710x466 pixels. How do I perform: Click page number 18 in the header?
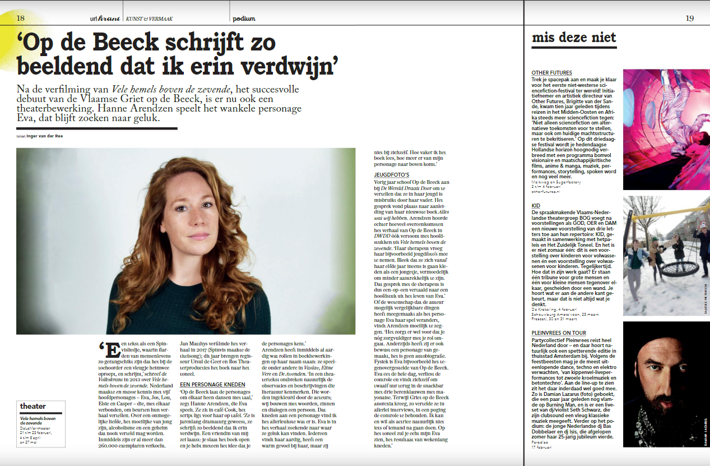click(21, 18)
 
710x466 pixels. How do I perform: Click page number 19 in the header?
click(689, 18)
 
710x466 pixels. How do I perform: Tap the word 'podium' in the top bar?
click(244, 19)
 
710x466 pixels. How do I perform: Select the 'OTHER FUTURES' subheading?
click(552, 73)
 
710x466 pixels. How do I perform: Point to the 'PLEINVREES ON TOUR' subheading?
click(559, 333)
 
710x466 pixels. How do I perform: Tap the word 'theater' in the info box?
click(33, 406)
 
